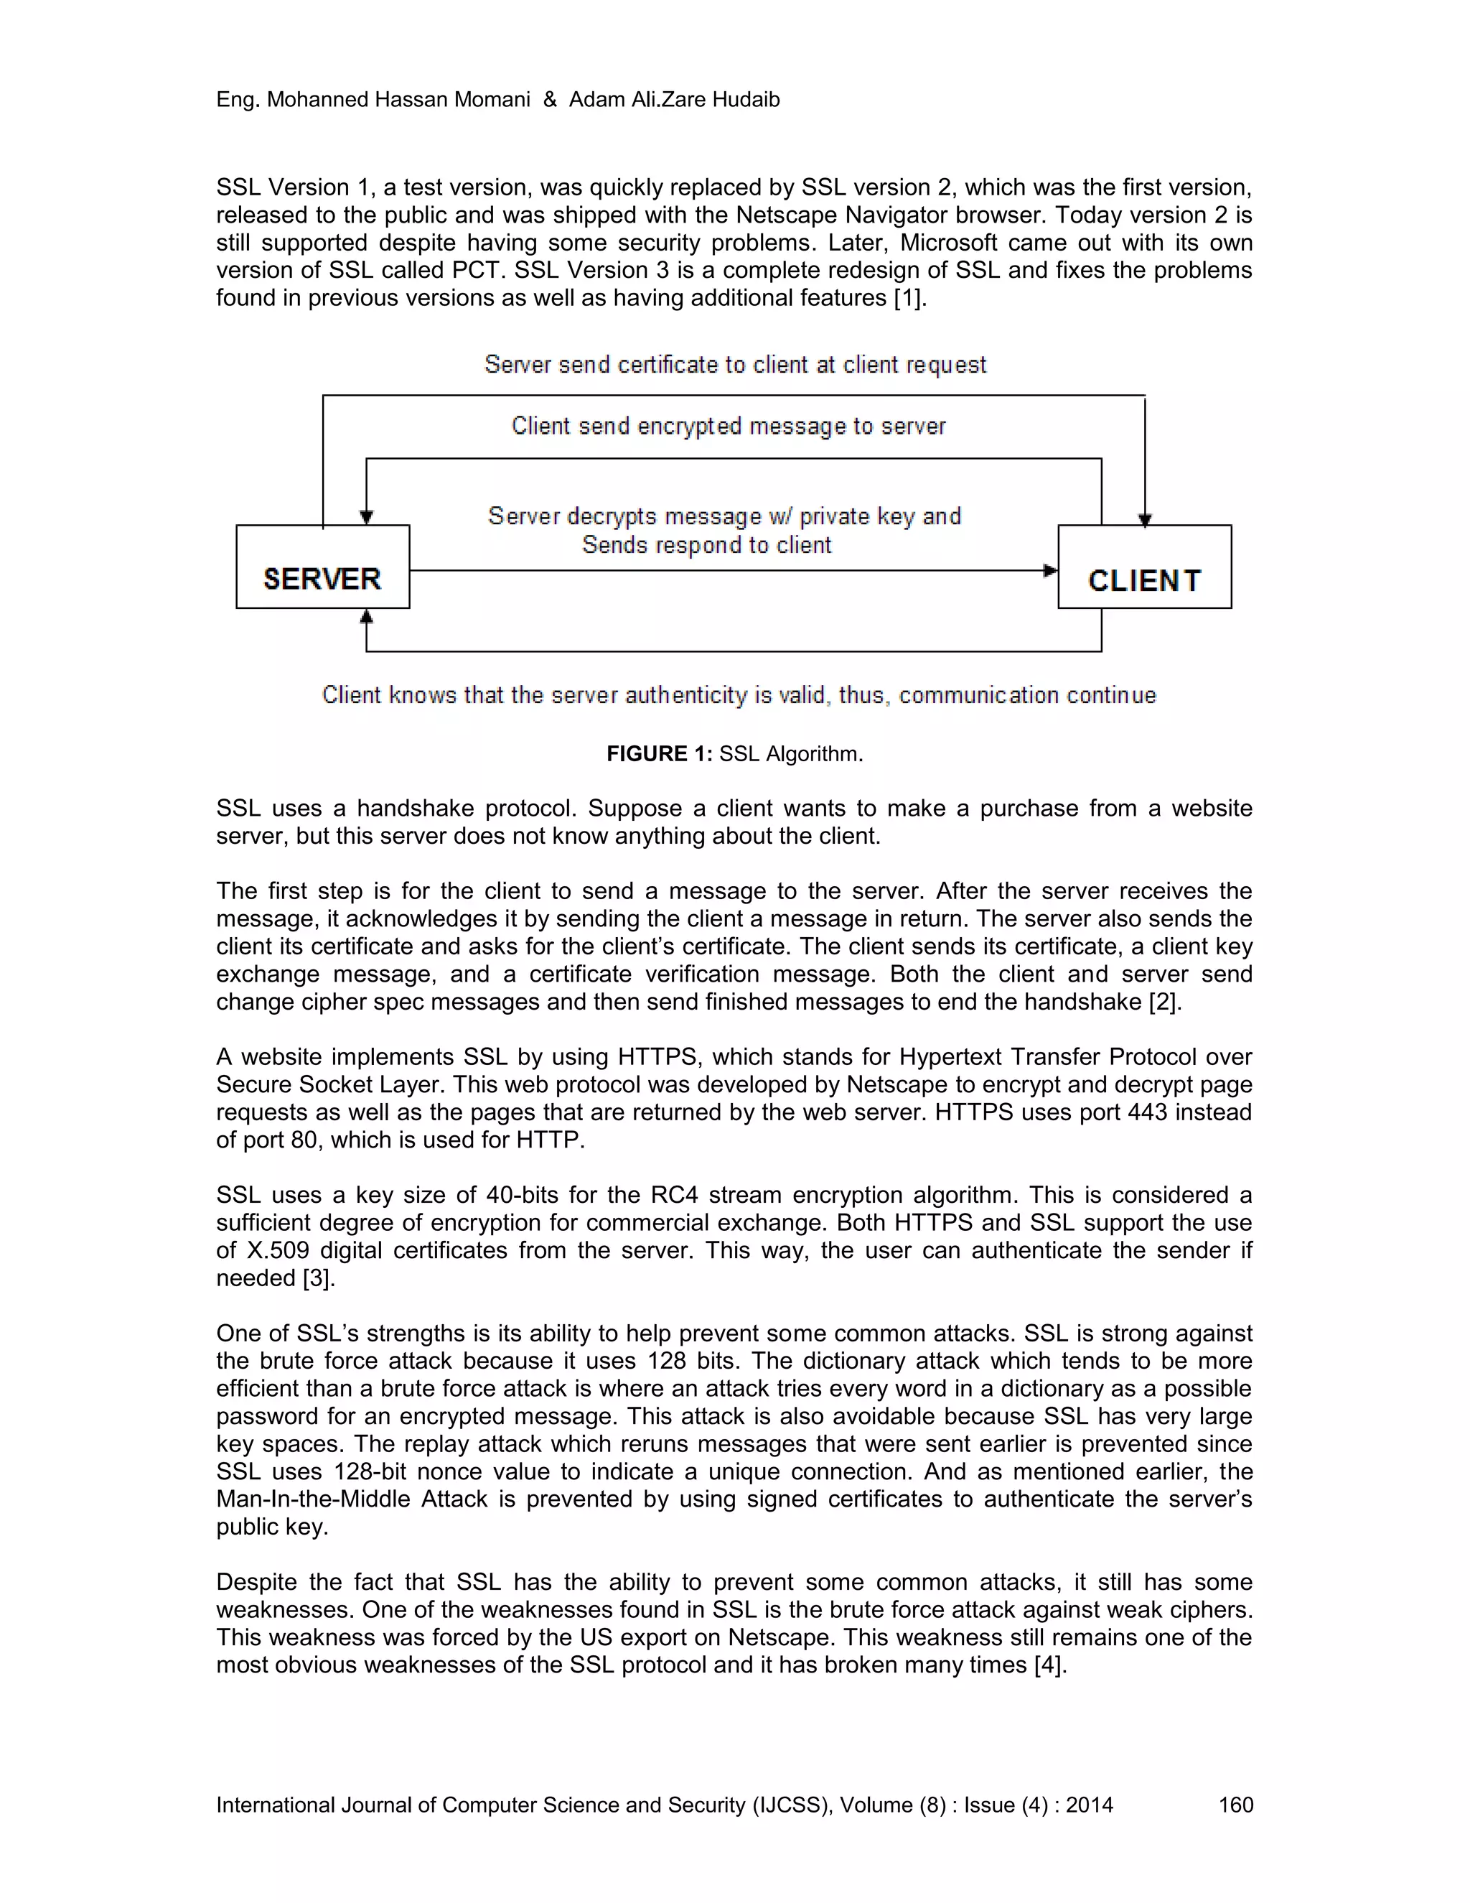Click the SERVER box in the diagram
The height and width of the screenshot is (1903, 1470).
pyautogui.click(x=322, y=567)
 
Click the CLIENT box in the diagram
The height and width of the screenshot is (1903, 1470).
pyautogui.click(x=1144, y=567)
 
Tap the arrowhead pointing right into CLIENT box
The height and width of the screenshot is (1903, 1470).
pyautogui.click(x=1051, y=571)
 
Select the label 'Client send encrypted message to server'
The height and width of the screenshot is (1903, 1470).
pyautogui.click(x=728, y=426)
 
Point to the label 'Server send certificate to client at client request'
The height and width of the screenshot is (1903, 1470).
pyautogui.click(x=735, y=364)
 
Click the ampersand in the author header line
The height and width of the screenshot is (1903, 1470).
pyautogui.click(x=550, y=99)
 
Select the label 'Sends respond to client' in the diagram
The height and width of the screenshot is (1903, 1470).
pyautogui.click(x=706, y=546)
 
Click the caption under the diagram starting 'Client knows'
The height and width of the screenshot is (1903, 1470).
pyautogui.click(x=739, y=695)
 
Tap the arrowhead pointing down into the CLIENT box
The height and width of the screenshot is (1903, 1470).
pyautogui.click(x=1145, y=519)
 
